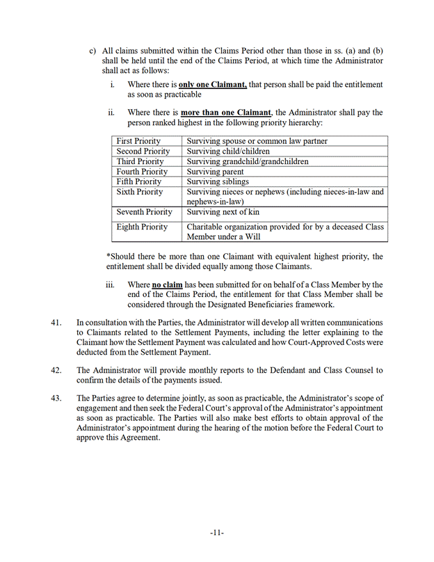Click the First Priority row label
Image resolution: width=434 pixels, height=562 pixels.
coord(138,141)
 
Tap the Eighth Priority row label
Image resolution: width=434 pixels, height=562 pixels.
coord(142,227)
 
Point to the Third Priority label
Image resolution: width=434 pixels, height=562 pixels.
coord(139,161)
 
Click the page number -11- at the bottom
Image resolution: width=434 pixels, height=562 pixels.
coord(216,533)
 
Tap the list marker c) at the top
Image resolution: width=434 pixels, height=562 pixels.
coord(93,51)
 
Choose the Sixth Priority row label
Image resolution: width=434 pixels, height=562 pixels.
coord(140,192)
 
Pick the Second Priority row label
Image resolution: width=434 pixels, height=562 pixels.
coord(143,152)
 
